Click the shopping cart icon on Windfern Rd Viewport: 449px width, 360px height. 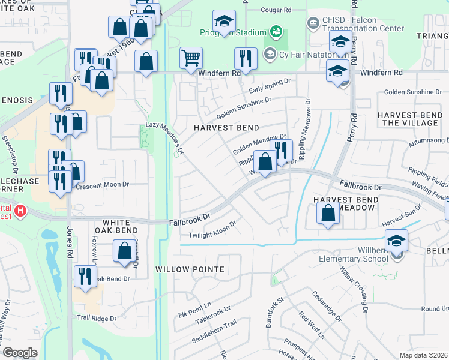(x=191, y=59)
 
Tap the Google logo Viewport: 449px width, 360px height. (x=20, y=353)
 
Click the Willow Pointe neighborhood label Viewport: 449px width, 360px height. (x=190, y=269)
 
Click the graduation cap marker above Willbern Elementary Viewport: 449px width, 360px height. (x=396, y=241)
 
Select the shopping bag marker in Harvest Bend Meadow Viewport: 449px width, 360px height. (x=328, y=213)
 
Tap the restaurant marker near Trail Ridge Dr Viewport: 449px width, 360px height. (x=85, y=277)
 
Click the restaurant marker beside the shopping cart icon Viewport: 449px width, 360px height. (x=245, y=58)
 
